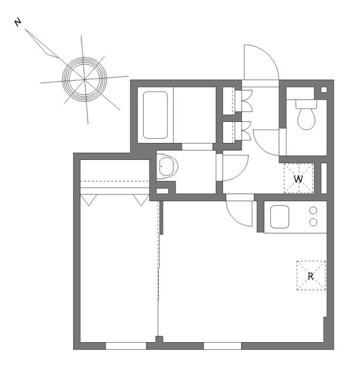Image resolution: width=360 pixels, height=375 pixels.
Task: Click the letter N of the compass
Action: click(18, 22)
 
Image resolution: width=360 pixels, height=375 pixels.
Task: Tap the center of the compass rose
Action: click(84, 79)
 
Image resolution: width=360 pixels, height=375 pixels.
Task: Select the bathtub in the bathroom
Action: click(155, 115)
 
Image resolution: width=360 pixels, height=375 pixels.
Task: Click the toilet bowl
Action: click(306, 118)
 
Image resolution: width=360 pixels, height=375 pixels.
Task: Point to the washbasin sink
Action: click(168, 166)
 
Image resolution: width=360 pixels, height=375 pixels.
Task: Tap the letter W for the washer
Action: click(298, 179)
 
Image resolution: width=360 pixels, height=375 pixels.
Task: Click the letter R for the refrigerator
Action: click(310, 277)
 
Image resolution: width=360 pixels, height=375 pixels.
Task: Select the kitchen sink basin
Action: click(280, 217)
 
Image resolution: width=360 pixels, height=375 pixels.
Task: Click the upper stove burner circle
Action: click(313, 210)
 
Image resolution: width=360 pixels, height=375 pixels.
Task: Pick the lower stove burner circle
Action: click(313, 223)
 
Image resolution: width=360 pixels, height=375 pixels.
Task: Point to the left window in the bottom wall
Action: click(126, 346)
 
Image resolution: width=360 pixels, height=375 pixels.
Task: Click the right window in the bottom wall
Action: click(222, 346)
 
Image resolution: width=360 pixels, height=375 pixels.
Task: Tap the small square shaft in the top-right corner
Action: click(324, 90)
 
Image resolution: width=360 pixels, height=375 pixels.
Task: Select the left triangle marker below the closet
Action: click(89, 200)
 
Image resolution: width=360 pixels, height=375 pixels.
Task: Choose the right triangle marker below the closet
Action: click(141, 200)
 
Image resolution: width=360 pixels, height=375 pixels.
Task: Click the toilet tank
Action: click(306, 104)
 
